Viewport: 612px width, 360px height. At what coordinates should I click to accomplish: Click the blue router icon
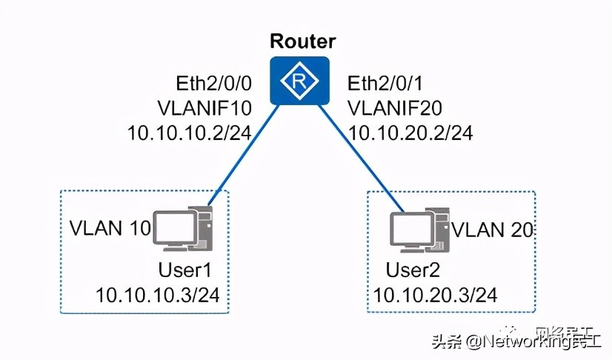tap(302, 81)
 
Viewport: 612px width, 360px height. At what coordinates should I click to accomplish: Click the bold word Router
tap(302, 41)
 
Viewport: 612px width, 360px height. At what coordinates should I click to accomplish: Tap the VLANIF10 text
tap(205, 108)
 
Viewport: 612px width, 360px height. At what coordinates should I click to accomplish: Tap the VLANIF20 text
tap(396, 108)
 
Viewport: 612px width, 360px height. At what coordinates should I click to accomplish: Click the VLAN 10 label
tap(110, 227)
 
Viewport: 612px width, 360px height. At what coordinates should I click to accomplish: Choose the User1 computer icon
tap(183, 227)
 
